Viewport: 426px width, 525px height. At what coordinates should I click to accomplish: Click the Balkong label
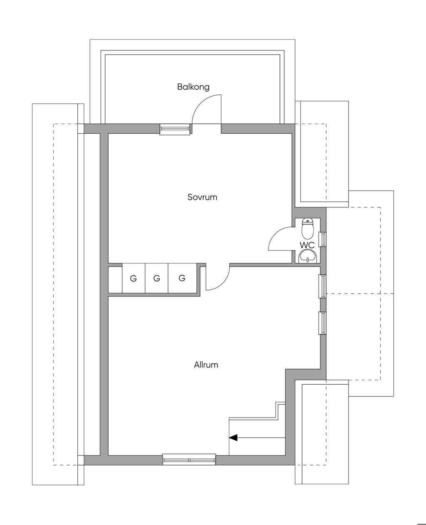pyautogui.click(x=193, y=87)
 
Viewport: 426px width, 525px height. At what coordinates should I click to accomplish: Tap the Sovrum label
pyautogui.click(x=203, y=197)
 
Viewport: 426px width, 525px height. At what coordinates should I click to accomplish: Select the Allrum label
pyautogui.click(x=206, y=365)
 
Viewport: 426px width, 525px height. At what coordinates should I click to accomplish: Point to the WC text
pyautogui.click(x=307, y=245)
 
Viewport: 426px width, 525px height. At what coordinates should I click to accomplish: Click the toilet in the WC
pyautogui.click(x=307, y=229)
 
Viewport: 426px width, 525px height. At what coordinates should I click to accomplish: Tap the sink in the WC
pyautogui.click(x=307, y=256)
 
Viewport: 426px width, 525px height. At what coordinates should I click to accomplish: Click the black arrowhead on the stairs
pyautogui.click(x=233, y=438)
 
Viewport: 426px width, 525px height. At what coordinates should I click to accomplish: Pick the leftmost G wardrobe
pyautogui.click(x=134, y=279)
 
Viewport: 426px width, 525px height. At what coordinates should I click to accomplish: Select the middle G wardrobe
pyautogui.click(x=156, y=279)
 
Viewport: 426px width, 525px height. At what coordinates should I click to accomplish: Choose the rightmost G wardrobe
pyautogui.click(x=182, y=279)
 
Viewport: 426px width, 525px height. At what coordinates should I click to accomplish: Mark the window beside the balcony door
pyautogui.click(x=175, y=129)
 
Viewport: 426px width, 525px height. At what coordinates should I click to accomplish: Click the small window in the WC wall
pyautogui.click(x=322, y=239)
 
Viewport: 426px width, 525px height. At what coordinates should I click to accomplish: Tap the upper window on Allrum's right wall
pyautogui.click(x=322, y=286)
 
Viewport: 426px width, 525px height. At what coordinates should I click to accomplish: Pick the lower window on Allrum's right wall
pyautogui.click(x=322, y=323)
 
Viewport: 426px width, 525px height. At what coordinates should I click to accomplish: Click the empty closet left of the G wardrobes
pyautogui.click(x=115, y=280)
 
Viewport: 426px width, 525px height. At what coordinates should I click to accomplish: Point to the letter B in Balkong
pyautogui.click(x=180, y=87)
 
